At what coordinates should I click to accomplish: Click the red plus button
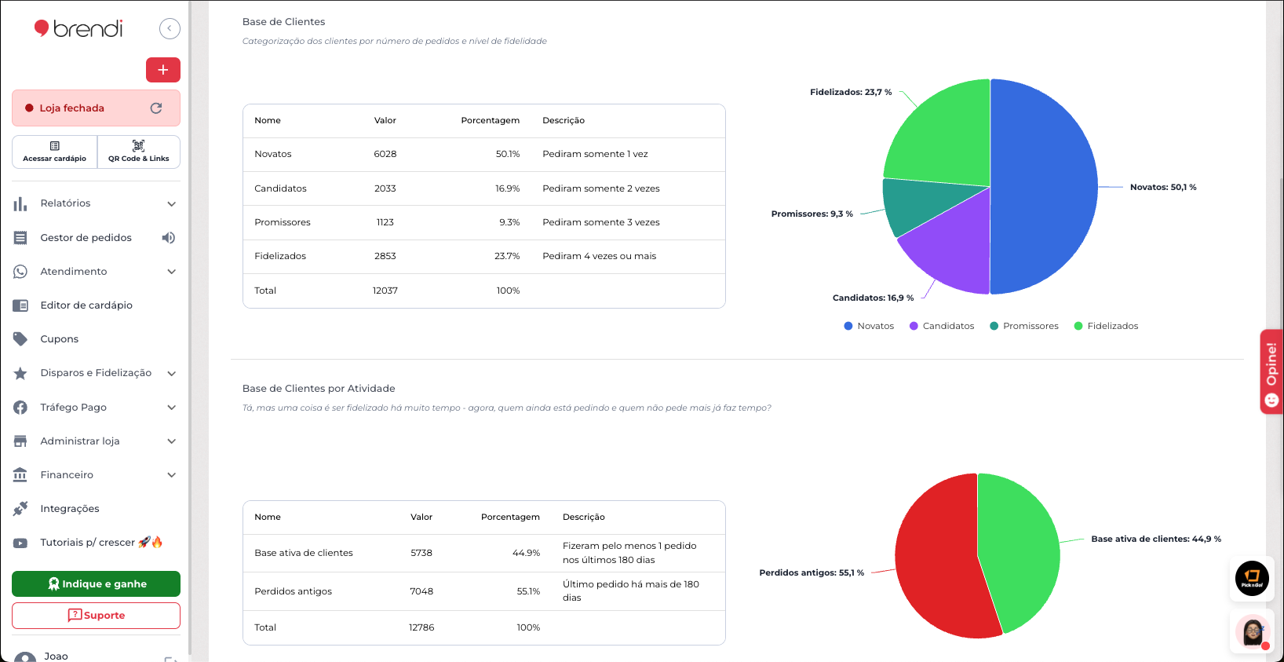162,70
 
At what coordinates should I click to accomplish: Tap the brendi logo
78,29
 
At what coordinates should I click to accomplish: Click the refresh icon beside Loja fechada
156,108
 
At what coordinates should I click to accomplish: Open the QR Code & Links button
139,152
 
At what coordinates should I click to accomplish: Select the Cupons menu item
60,339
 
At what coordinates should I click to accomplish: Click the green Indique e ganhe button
96,583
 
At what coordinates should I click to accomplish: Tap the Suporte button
96,616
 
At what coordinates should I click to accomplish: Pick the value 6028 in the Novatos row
385,155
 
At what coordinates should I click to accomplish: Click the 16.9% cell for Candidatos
507,188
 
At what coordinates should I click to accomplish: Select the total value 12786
421,627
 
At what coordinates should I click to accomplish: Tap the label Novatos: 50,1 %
1162,187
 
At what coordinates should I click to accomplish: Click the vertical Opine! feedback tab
1271,371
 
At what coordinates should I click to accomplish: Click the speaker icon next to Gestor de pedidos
168,238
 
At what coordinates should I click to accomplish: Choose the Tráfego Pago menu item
73,408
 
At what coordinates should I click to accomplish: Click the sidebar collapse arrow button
170,29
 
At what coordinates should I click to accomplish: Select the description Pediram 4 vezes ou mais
599,256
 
